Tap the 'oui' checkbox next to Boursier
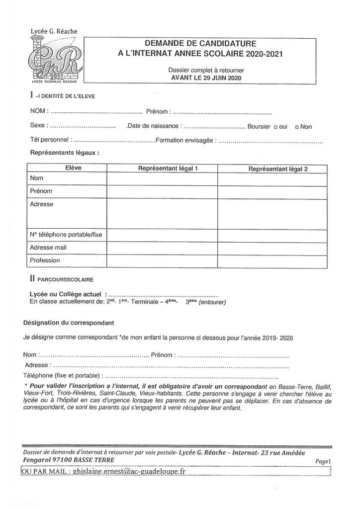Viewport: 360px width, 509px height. [x=276, y=127]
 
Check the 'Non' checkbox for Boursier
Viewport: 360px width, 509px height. [x=297, y=127]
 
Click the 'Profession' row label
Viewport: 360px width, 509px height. [x=45, y=259]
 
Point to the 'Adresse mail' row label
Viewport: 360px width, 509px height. [x=49, y=247]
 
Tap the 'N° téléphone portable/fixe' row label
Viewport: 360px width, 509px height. [x=66, y=234]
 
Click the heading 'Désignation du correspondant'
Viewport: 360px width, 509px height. [x=69, y=322]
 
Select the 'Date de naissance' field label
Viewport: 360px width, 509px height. [x=155, y=127]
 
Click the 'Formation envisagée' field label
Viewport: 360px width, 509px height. [x=184, y=141]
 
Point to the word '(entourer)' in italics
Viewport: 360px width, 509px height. [x=212, y=302]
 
